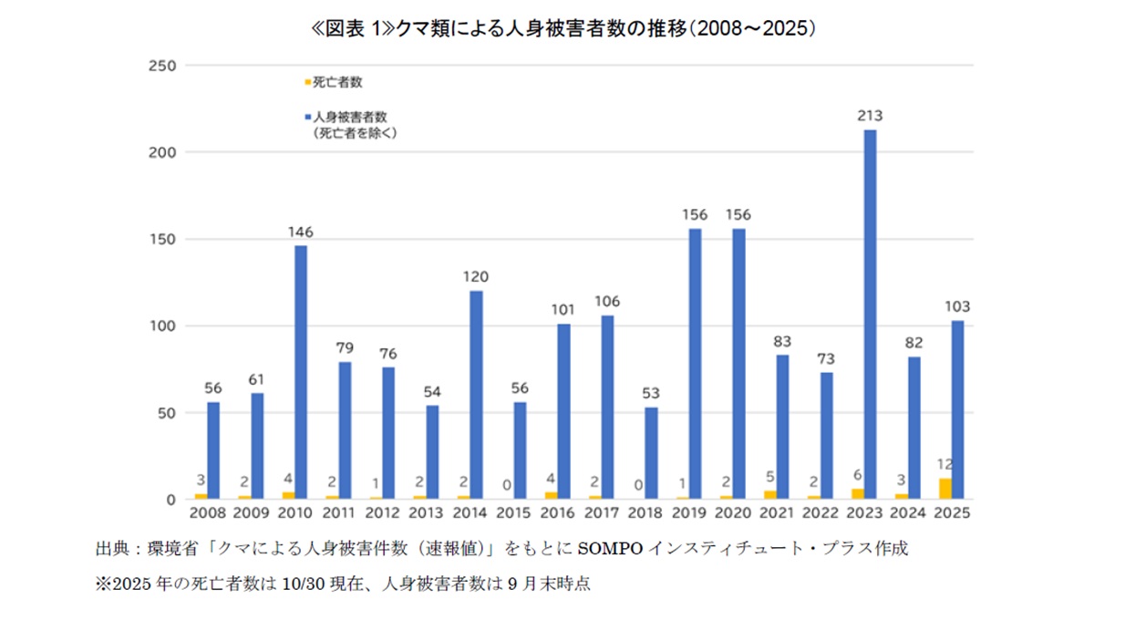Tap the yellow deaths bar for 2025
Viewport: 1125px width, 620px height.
[944, 489]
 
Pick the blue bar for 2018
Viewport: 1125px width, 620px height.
[651, 453]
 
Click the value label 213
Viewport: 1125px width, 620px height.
[869, 116]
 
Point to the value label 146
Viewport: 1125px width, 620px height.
[300, 232]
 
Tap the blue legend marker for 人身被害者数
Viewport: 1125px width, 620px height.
[307, 118]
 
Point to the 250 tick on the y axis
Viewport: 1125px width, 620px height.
[161, 66]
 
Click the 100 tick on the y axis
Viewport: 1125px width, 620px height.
[161, 326]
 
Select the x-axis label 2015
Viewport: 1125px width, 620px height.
[514, 513]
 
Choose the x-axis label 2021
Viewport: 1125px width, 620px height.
[777, 513]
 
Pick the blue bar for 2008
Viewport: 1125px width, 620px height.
[213, 450]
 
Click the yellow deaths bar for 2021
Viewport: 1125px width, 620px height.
[769, 494]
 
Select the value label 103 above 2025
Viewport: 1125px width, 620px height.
[956, 307]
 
